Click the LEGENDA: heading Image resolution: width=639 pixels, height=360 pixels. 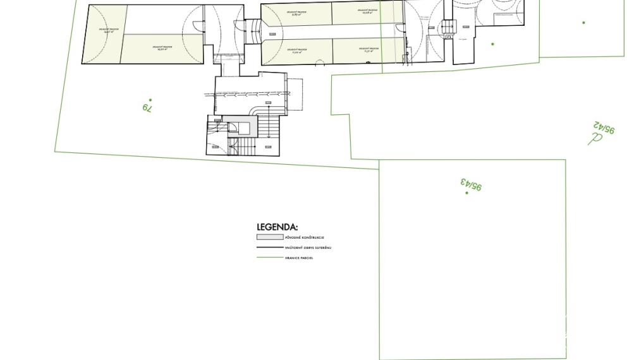pos(277,227)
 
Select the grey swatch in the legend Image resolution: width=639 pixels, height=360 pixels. pos(269,237)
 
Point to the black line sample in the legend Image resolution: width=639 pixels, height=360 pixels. pos(269,248)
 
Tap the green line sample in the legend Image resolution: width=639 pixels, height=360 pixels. pos(269,258)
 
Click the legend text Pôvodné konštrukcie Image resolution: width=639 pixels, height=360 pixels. pos(305,237)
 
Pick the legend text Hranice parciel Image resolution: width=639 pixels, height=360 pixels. pos(299,258)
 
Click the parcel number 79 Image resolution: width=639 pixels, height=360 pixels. pos(147,108)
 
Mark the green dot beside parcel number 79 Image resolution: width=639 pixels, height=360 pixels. pos(150,99)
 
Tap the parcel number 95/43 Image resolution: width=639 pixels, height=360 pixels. pos(472,184)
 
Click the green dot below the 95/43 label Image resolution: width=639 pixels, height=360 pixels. pos(467,193)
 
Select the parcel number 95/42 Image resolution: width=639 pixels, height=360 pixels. pos(604,128)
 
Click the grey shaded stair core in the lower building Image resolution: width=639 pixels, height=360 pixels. pos(241,127)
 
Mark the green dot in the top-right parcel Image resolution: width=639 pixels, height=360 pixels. pos(583,23)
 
